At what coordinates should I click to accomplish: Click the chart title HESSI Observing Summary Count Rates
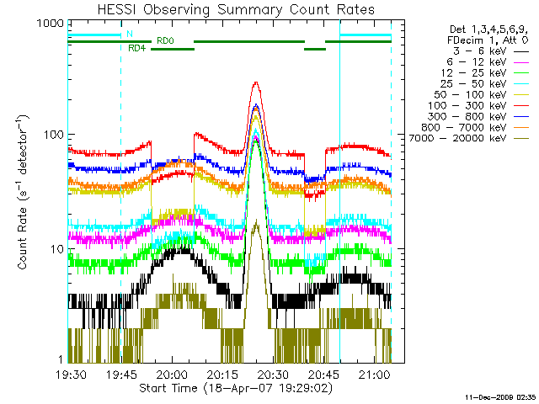(x=229, y=9)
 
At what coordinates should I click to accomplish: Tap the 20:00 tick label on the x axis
(x=171, y=373)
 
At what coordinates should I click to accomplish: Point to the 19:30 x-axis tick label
(x=70, y=373)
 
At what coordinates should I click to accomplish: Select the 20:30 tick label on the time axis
(x=272, y=373)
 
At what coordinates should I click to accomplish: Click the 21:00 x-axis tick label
(x=373, y=373)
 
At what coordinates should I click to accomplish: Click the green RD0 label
(x=165, y=40)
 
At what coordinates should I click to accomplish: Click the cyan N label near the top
(x=129, y=34)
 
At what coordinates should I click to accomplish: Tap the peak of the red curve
(x=256, y=82)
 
